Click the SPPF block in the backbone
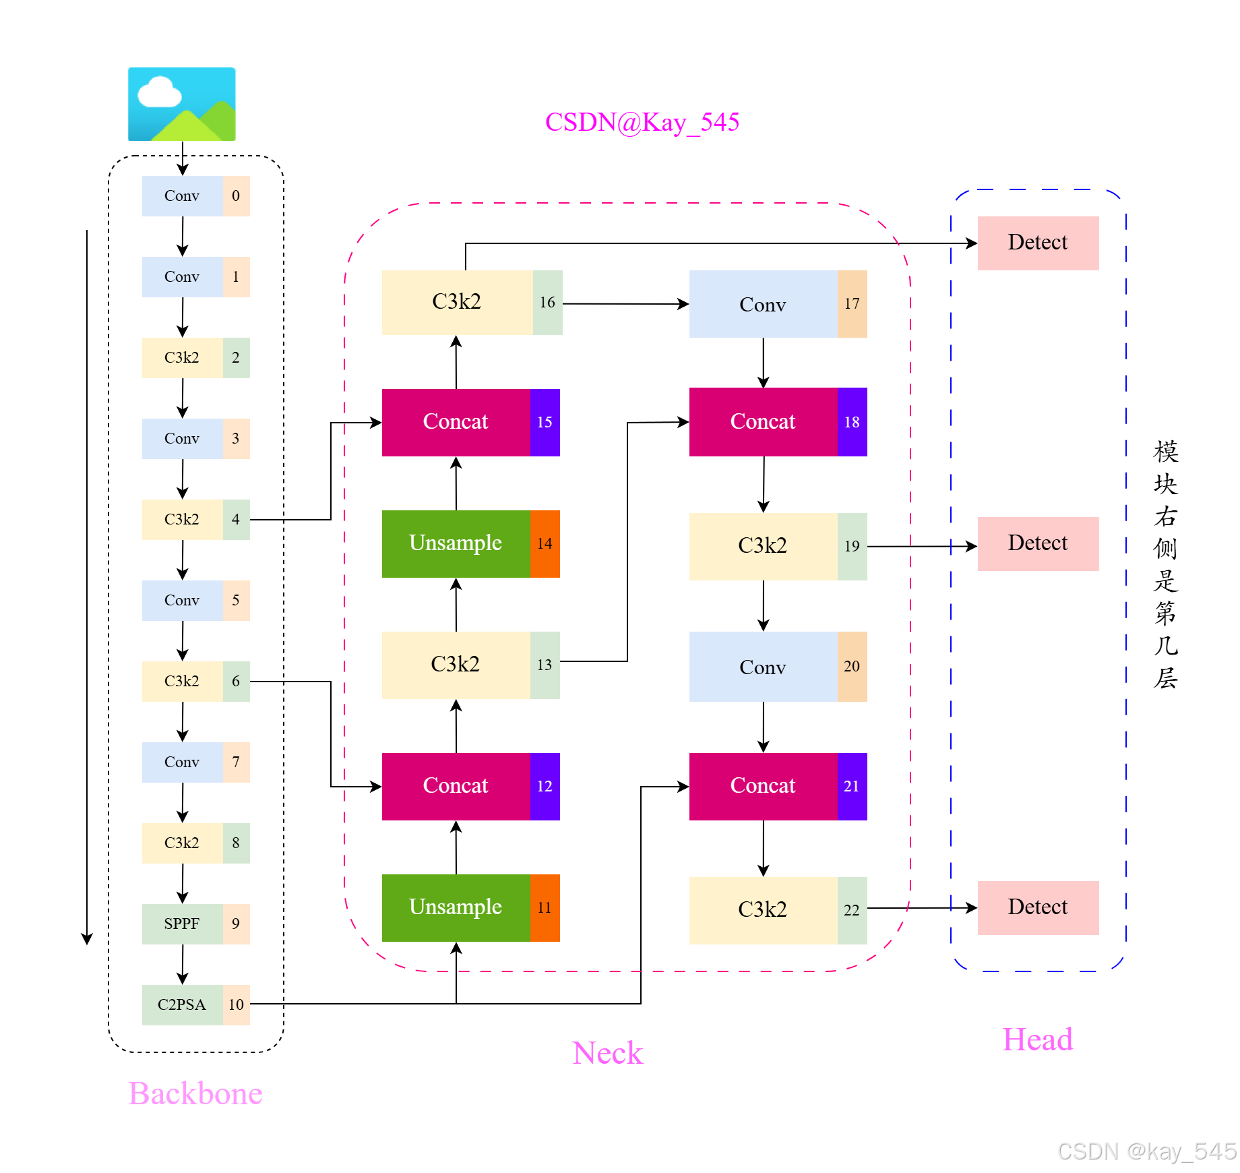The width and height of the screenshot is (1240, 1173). click(x=183, y=924)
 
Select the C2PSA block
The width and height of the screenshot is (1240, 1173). click(x=183, y=1004)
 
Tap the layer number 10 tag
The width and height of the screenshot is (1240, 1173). click(x=236, y=1004)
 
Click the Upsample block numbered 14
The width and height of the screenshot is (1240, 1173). click(x=456, y=543)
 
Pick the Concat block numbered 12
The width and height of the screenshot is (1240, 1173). click(x=456, y=786)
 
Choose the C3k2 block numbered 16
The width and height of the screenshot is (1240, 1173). click(x=458, y=302)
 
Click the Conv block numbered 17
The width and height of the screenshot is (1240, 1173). click(x=763, y=304)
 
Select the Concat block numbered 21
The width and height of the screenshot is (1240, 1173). click(x=763, y=786)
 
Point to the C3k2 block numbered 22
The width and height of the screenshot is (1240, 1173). click(x=763, y=910)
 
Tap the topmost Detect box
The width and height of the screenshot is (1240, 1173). click(x=1038, y=243)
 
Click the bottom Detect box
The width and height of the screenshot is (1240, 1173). click(x=1038, y=907)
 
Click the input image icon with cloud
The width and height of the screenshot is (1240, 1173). click(x=182, y=104)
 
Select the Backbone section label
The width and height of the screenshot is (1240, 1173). click(x=195, y=1093)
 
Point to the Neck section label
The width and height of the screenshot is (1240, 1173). click(x=607, y=1053)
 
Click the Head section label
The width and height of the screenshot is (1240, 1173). click(x=1037, y=1040)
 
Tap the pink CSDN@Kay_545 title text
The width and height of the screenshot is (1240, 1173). click(x=642, y=122)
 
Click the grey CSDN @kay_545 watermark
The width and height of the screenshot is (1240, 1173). click(x=1147, y=1151)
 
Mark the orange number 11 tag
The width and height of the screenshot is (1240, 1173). click(x=545, y=907)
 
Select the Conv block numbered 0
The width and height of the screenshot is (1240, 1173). click(x=183, y=196)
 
